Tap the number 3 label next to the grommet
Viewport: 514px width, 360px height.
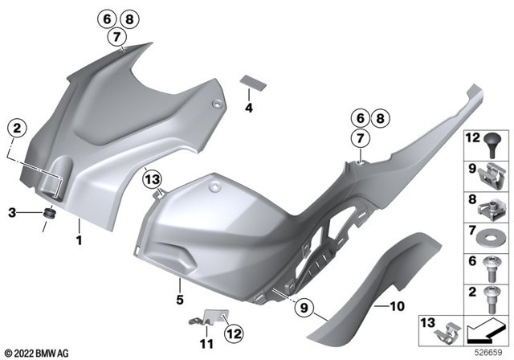(11, 213)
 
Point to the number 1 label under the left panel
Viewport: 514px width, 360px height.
(80, 239)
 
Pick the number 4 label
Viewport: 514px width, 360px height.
(249, 107)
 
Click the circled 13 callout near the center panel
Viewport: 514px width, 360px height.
(153, 177)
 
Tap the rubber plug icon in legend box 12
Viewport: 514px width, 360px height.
(489, 145)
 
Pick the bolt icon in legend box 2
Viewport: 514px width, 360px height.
(489, 298)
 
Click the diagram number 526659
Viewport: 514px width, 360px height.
(488, 351)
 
